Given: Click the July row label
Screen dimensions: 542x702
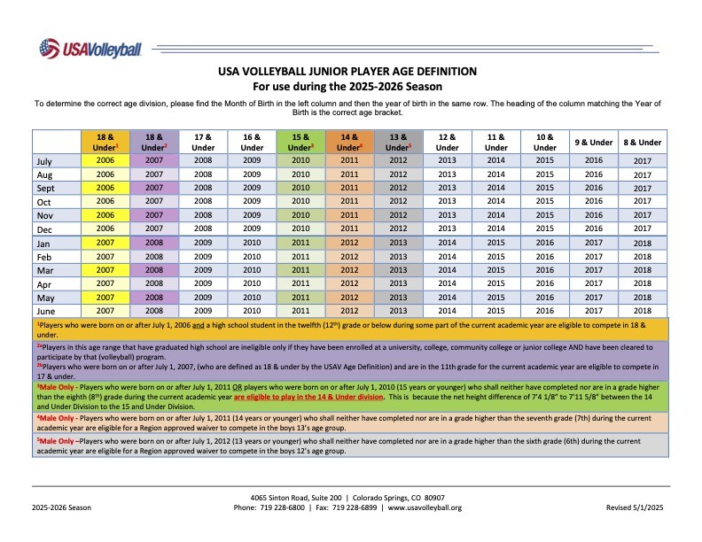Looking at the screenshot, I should click(x=45, y=161).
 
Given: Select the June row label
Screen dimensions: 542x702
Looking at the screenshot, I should click(x=46, y=311).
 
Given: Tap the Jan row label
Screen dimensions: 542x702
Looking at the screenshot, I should click(x=43, y=243).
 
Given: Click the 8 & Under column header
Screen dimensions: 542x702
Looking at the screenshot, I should click(x=642, y=142).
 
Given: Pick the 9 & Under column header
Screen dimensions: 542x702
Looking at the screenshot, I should click(x=593, y=142).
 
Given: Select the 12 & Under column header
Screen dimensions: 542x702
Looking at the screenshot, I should click(x=448, y=142).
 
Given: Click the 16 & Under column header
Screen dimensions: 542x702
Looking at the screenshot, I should click(x=252, y=142).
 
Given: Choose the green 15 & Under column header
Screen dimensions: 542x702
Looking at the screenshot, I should click(x=300, y=142).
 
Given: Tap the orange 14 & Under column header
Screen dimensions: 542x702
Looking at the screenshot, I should click(x=349, y=142).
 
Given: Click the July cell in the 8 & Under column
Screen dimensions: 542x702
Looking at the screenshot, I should click(x=642, y=161).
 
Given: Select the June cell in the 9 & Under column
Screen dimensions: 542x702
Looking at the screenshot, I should click(x=593, y=311).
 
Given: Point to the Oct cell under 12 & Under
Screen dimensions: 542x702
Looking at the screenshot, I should click(x=448, y=202).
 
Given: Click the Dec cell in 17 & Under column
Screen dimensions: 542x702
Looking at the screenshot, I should click(x=203, y=229).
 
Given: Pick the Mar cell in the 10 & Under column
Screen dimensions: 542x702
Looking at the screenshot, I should click(x=545, y=270).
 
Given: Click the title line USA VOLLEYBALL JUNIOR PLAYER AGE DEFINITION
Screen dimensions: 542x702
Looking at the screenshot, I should click(x=347, y=71).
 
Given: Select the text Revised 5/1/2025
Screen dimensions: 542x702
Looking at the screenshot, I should click(x=634, y=507).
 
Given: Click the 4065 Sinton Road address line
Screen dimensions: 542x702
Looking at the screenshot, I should click(x=347, y=498).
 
